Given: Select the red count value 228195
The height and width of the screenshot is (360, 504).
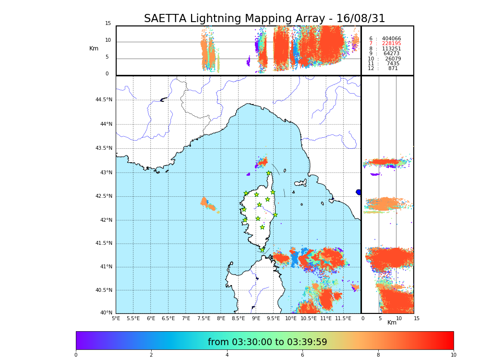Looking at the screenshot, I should click(x=391, y=44).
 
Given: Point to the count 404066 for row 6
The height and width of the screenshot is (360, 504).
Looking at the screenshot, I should click(x=391, y=39).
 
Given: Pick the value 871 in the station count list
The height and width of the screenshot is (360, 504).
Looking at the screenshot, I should click(x=393, y=69).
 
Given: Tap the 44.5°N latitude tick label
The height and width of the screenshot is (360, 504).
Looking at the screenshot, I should click(x=103, y=100).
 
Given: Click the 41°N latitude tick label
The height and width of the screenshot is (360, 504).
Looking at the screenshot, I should click(x=105, y=267).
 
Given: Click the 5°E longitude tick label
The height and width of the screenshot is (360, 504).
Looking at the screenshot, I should click(x=116, y=318).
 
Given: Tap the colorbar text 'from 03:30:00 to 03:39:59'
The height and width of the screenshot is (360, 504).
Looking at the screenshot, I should click(x=267, y=342).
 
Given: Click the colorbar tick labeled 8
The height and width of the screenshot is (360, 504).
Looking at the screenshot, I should click(x=378, y=355).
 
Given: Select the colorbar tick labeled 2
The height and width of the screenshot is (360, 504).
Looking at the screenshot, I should click(x=151, y=355).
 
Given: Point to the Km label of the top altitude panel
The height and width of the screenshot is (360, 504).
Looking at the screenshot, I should click(x=94, y=48).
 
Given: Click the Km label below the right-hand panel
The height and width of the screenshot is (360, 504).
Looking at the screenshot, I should click(x=392, y=323).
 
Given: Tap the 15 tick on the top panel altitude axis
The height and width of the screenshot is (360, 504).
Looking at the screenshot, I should click(x=108, y=24).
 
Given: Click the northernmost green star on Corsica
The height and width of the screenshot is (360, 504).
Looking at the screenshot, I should click(x=269, y=173).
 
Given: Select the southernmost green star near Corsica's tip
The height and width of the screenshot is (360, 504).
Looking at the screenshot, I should click(x=262, y=250).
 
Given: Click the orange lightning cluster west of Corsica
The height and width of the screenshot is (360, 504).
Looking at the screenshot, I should click(x=208, y=204).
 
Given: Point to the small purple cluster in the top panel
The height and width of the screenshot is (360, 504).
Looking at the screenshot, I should click(x=248, y=62).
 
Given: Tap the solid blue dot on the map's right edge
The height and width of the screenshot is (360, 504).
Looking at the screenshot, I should click(x=359, y=192).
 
